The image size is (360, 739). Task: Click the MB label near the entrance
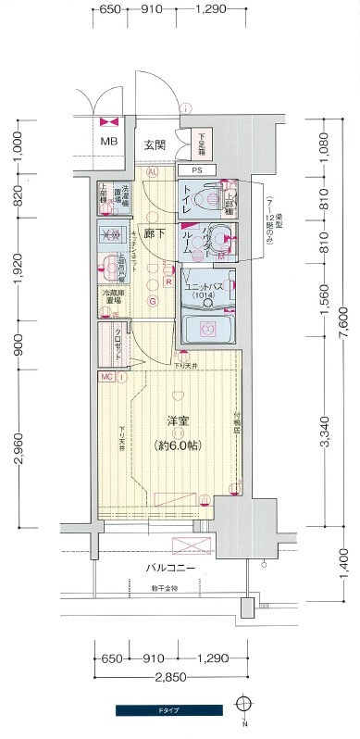pos(109,142)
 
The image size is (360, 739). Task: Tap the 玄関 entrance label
pos(155,145)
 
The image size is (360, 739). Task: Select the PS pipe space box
pos(197,170)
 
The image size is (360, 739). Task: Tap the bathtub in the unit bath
pos(208,328)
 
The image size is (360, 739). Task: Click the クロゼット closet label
pos(114,339)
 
